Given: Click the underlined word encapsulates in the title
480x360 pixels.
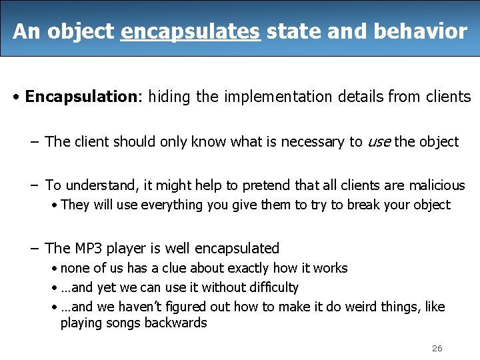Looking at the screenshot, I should pyautogui.click(x=190, y=31).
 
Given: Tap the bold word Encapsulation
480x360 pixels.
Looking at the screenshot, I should pyautogui.click(x=80, y=97).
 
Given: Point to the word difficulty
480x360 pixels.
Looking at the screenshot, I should pyautogui.click(x=272, y=288).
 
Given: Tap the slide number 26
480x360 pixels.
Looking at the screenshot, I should pyautogui.click(x=437, y=348).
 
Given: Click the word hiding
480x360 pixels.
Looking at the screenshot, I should pyautogui.click(x=169, y=97).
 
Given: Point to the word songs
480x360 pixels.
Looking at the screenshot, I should pyautogui.click(x=123, y=323).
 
